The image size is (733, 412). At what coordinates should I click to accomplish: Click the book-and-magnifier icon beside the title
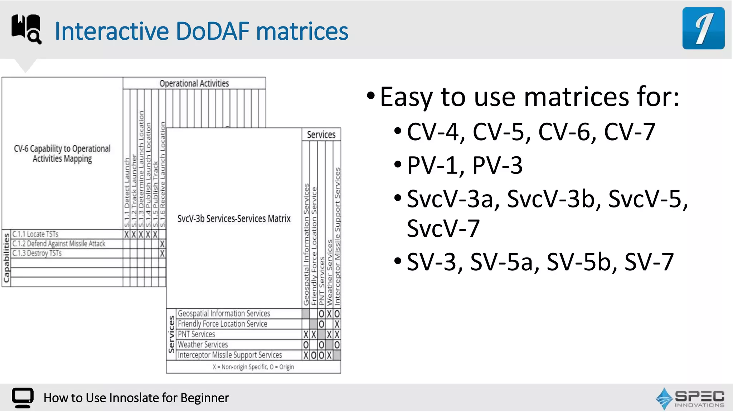(x=26, y=29)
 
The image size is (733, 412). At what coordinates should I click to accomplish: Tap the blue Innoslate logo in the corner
(x=703, y=28)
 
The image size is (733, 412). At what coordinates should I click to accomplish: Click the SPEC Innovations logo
(x=690, y=398)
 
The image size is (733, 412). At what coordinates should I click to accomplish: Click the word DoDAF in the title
(x=212, y=31)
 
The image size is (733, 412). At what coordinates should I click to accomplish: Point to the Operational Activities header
(x=194, y=83)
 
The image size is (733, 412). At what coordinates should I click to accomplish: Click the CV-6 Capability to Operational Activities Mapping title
(x=62, y=153)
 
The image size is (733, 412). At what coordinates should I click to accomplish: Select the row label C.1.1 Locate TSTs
(x=35, y=234)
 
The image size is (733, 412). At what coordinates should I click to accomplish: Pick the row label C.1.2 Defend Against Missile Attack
(x=59, y=244)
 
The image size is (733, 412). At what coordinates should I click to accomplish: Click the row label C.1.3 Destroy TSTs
(x=37, y=254)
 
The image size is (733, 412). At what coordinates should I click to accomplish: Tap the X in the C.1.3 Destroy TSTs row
(x=162, y=254)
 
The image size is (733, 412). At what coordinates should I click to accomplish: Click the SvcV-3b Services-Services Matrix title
(x=234, y=219)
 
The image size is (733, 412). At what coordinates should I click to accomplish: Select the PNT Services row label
(x=196, y=334)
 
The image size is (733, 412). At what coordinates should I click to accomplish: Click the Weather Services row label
(x=203, y=345)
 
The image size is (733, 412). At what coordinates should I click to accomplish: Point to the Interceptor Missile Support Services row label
(x=230, y=355)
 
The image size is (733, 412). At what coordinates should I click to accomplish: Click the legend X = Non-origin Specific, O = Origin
(x=253, y=367)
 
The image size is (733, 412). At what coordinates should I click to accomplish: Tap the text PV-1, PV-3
(x=465, y=166)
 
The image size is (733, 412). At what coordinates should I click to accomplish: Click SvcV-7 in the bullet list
(x=443, y=229)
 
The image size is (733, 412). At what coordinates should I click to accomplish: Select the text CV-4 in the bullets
(x=432, y=132)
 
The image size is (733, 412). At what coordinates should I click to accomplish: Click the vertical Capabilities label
(x=6, y=257)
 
